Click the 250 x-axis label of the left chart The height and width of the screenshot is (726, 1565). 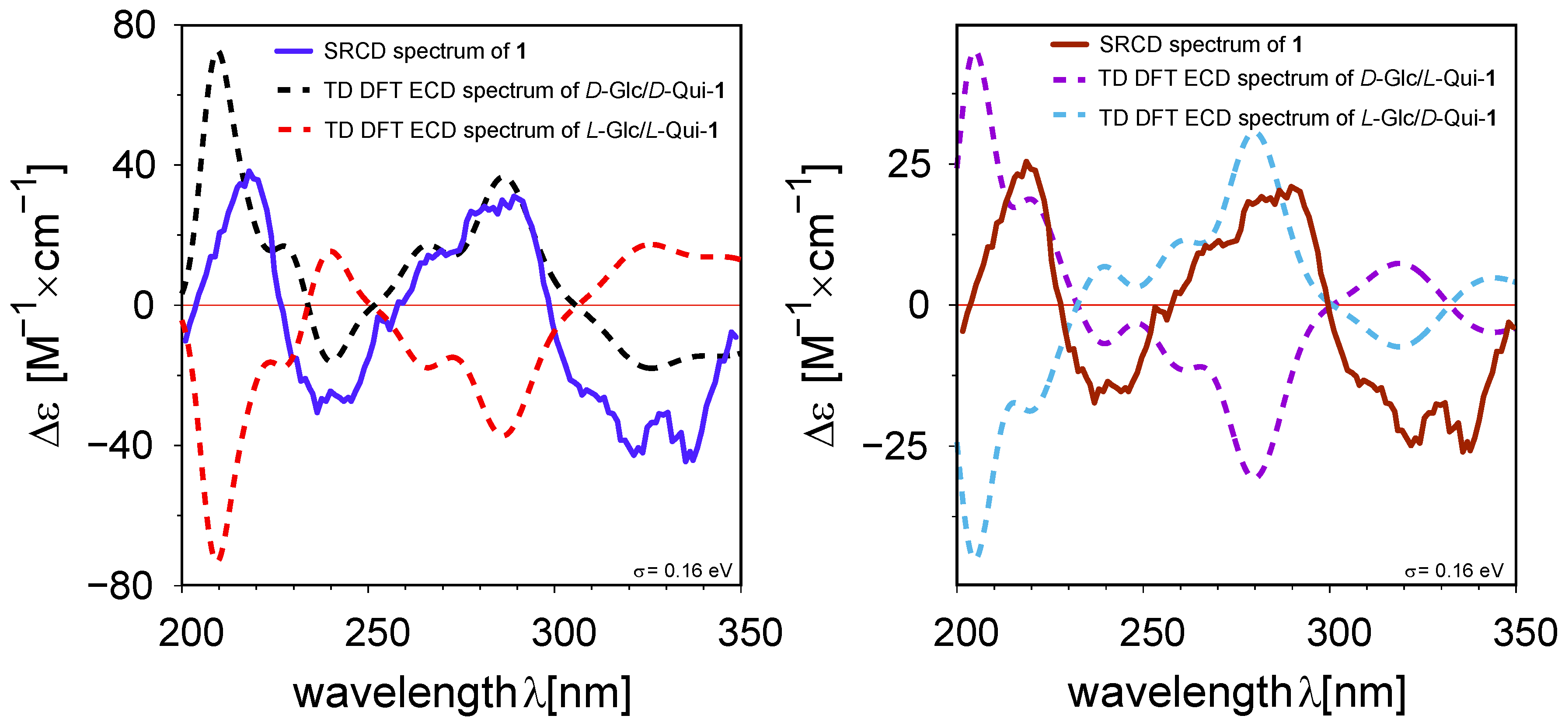point(377,634)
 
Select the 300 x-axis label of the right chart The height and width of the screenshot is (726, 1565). point(1338,634)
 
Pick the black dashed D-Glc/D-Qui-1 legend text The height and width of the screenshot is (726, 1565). point(524,91)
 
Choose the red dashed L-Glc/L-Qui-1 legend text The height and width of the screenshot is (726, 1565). point(521,130)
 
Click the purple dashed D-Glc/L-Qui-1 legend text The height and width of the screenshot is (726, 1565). point(1297,78)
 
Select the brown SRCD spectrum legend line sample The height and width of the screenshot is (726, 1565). point(1069,44)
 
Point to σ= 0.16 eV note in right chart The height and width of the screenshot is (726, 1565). point(1454,570)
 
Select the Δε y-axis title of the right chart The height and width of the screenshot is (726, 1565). point(820,426)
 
